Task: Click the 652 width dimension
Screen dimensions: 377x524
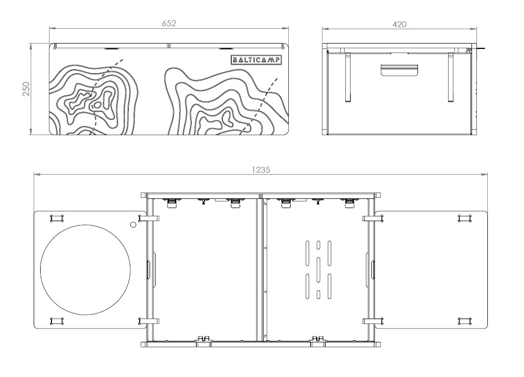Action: (x=169, y=23)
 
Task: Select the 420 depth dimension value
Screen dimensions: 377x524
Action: (x=399, y=24)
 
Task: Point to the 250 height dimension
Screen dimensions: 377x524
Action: (x=27, y=89)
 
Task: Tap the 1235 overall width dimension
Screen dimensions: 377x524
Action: (x=261, y=169)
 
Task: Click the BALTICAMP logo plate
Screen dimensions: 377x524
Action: (x=257, y=60)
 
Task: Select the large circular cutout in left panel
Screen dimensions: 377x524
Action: (x=85, y=270)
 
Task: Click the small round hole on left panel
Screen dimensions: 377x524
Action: (x=133, y=225)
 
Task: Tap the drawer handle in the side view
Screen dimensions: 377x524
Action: (x=400, y=70)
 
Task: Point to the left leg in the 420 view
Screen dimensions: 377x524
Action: (x=348, y=77)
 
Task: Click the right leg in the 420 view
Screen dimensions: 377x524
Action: (x=451, y=77)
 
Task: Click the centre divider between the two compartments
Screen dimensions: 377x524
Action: (x=260, y=270)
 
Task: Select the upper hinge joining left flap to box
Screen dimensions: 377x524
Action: (x=151, y=218)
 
